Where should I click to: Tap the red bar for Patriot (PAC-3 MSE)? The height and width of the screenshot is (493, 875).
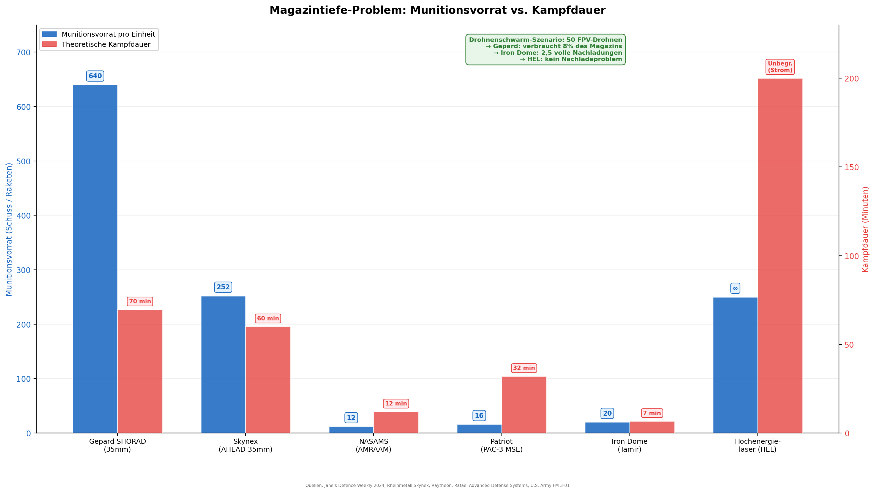524,404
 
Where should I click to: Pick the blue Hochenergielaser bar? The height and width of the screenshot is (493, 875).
735,365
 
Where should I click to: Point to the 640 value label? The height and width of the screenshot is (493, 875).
95,76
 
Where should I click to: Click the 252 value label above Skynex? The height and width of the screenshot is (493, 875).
223,287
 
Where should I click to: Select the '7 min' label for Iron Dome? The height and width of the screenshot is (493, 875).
652,413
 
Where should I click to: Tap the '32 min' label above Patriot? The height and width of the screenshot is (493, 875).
524,368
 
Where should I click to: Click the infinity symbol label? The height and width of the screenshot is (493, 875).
735,288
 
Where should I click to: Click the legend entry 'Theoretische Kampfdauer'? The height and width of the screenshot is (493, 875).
106,45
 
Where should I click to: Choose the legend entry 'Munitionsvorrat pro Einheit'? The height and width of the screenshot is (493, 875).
108,34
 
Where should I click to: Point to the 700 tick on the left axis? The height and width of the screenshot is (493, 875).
23,52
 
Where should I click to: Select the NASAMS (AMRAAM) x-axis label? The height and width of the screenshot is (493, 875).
373,445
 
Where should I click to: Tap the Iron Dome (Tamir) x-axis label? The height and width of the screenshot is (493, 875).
629,445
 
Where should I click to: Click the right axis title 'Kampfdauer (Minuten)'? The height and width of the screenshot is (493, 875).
865,229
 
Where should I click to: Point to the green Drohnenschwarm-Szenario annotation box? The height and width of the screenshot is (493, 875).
545,50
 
